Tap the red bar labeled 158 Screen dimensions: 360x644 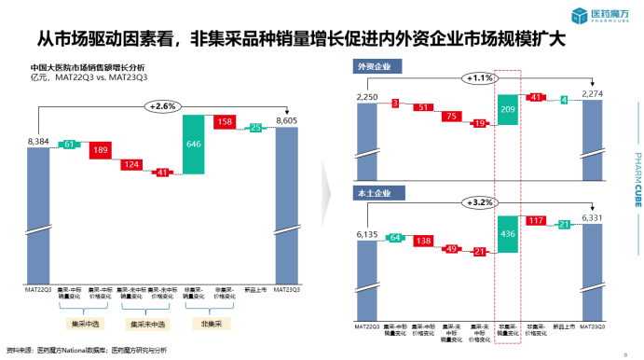pos(226,122)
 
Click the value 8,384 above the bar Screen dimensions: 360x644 pos(38,140)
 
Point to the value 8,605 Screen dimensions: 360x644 pos(287,120)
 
